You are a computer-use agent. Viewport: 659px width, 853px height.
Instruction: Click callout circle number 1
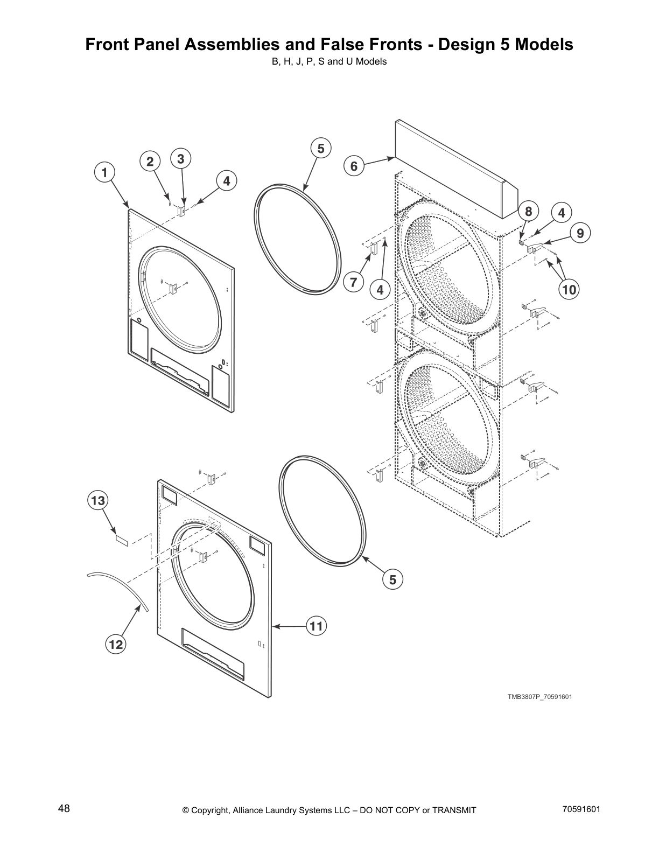tap(105, 172)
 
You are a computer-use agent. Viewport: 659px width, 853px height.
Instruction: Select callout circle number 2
tap(150, 161)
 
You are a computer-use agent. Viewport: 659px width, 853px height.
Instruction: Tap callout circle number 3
tap(180, 159)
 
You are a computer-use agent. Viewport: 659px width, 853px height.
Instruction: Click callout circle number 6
tap(354, 166)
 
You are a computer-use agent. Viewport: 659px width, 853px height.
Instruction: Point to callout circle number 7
tap(354, 282)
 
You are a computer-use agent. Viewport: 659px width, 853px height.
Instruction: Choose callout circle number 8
tap(528, 212)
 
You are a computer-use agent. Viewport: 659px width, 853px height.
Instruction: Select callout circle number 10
tap(569, 290)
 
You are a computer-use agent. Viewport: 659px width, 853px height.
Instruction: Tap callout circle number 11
tap(317, 626)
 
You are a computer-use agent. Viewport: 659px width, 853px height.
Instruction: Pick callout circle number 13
tap(98, 501)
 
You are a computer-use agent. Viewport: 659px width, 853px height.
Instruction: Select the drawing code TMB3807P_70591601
tap(539, 697)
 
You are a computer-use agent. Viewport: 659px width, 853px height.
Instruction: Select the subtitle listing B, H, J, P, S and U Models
tap(329, 61)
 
